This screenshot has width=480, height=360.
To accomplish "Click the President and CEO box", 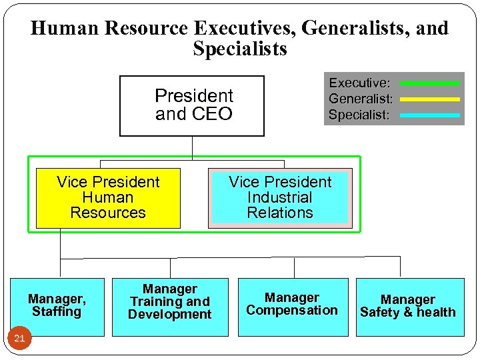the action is point(192,105).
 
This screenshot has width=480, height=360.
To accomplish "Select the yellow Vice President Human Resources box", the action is point(108,198).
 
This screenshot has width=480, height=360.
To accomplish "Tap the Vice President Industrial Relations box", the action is point(280,198).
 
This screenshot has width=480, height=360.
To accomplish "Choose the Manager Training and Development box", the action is point(170,307).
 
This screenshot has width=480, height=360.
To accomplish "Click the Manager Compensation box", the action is point(292,307).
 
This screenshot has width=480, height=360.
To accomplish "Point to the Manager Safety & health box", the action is point(408,307).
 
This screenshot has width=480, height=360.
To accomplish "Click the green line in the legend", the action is point(429,83).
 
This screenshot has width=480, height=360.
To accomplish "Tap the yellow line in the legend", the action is point(429,99).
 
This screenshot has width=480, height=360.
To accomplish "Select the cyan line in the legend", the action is point(429,115).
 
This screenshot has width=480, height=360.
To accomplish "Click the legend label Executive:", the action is point(359,83).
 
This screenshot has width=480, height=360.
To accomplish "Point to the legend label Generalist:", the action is point(361,99).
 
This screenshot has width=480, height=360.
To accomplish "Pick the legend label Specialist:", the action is point(359,115).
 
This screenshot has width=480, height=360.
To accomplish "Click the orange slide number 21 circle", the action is point(19,339).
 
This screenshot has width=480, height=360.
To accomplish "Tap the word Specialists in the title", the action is point(240,49).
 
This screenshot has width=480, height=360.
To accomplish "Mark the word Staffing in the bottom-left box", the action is point(57,311).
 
